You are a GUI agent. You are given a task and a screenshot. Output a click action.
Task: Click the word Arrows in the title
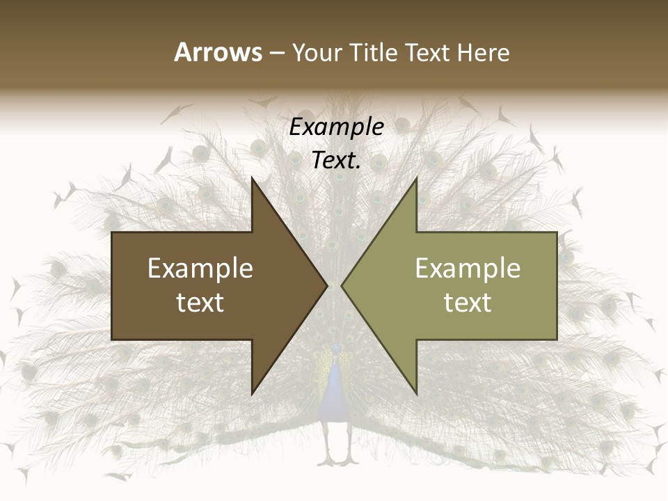point(218,52)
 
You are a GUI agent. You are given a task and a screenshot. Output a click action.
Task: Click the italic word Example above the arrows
point(336,127)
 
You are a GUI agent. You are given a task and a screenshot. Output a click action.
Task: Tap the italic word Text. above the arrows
point(336,160)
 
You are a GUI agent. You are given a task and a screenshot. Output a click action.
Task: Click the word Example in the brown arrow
point(200,269)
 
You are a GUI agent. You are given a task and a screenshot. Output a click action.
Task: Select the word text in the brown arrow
point(200,303)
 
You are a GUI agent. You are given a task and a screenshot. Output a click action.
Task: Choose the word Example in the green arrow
point(468,269)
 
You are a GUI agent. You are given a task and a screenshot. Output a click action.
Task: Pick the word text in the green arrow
point(468,303)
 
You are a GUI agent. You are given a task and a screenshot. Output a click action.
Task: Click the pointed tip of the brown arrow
point(326,285)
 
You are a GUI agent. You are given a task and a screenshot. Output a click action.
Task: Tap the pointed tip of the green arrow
point(342,285)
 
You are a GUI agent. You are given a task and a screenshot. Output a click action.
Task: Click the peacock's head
point(337,348)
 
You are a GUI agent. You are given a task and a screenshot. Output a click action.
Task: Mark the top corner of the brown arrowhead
point(253,180)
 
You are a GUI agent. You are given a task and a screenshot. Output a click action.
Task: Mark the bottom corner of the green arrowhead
point(416,393)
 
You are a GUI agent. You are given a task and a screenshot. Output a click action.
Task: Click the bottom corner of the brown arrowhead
point(253,393)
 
